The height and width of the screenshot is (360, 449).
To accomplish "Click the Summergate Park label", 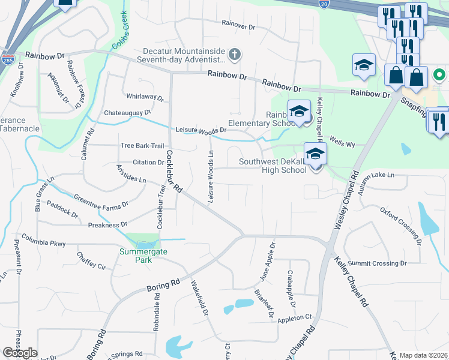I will point(143,256).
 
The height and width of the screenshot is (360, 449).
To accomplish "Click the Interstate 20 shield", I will point(324,4).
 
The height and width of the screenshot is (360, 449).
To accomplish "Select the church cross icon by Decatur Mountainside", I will point(234,55).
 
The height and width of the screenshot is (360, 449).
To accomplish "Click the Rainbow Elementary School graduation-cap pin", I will point(299,112).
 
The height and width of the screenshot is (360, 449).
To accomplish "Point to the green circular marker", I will point(439,76).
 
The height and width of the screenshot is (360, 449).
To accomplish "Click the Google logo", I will point(20,353).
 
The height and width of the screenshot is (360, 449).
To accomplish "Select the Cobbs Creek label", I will point(119,30).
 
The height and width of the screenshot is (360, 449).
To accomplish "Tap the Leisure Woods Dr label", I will point(200,130).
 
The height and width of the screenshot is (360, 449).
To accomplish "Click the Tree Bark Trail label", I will point(142,146).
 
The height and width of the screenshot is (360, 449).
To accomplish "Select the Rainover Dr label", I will point(238,24).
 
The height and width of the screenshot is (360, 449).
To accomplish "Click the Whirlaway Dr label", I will point(145,97).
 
